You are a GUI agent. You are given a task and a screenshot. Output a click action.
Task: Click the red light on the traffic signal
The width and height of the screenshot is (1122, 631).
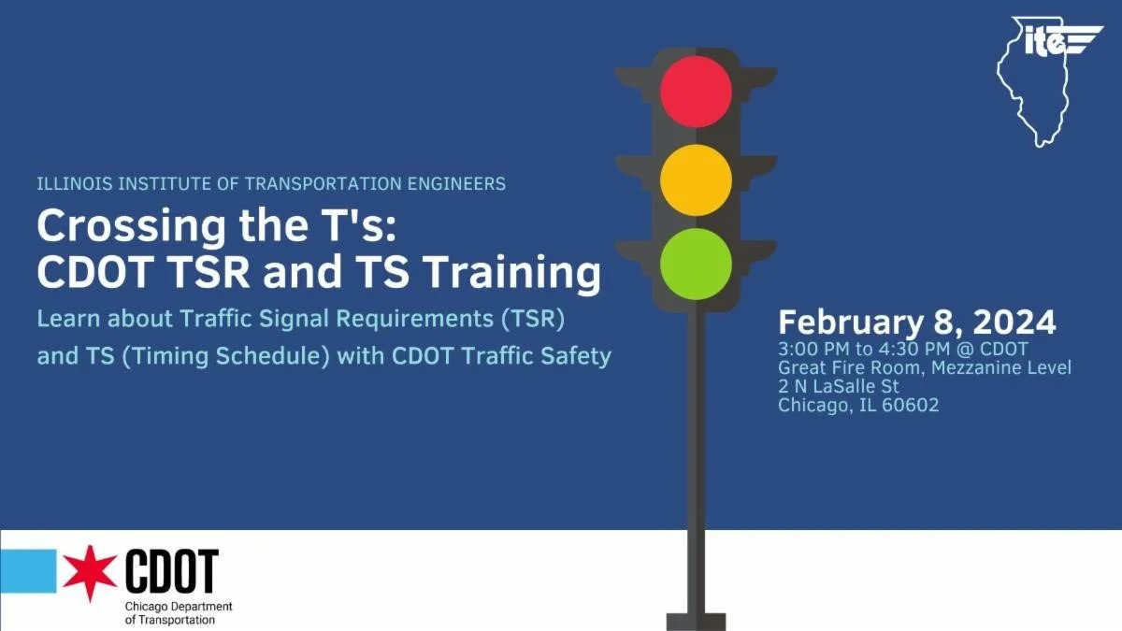[696, 92]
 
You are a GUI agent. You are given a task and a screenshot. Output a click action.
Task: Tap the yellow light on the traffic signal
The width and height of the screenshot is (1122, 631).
[696, 180]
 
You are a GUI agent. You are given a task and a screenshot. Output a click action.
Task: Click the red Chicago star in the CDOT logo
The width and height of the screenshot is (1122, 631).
[91, 572]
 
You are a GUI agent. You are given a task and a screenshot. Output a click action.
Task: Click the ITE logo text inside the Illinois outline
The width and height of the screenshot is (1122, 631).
[1044, 42]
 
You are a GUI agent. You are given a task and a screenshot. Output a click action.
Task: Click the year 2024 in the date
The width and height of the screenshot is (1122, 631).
[1014, 323]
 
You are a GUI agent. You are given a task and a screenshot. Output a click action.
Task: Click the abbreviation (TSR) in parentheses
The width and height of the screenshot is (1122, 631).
[534, 319]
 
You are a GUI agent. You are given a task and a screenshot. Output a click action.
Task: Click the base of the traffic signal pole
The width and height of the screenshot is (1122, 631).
[696, 621]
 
